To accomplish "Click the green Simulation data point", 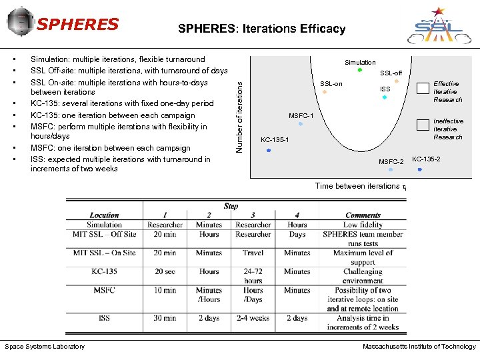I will click(360, 69).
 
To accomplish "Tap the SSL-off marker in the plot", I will click(397, 81).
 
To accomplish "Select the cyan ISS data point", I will click(385, 98).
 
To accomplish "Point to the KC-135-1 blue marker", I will click(269, 151).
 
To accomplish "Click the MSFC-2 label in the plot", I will click(391, 162).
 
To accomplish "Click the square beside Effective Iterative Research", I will click(421, 87).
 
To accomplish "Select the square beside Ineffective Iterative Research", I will click(421, 125).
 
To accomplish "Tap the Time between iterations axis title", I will click(361, 186).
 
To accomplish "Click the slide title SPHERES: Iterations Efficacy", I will click(261, 29).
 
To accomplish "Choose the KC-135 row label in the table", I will click(104, 271).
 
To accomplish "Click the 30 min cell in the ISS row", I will click(165, 318).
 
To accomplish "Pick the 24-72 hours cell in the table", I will click(253, 276).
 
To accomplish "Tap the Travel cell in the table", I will click(253, 253).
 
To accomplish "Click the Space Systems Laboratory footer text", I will click(45, 347).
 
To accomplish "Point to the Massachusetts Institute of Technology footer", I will click(419, 347).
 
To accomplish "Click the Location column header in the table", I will click(104, 215).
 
